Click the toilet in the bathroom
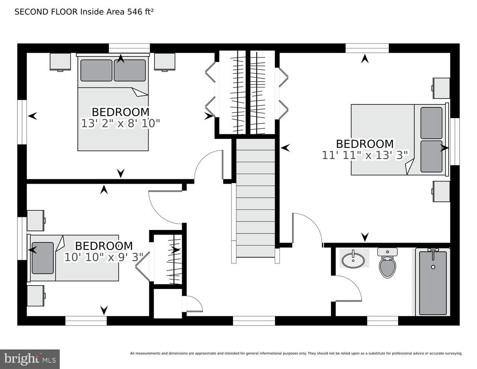387,263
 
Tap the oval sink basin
353,260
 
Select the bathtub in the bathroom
433,282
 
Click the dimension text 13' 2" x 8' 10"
120,124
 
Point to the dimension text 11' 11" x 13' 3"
365,155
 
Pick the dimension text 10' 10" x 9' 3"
104,257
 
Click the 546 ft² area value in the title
140,12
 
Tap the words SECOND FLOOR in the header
46,12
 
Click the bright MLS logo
30,359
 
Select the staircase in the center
255,198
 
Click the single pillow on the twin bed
43,258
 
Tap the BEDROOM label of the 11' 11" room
365,144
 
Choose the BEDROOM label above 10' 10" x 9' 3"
104,246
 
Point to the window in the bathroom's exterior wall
382,321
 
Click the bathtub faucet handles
433,250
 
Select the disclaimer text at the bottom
296,354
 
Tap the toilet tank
387,252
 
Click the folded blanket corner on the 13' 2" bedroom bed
140,92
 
